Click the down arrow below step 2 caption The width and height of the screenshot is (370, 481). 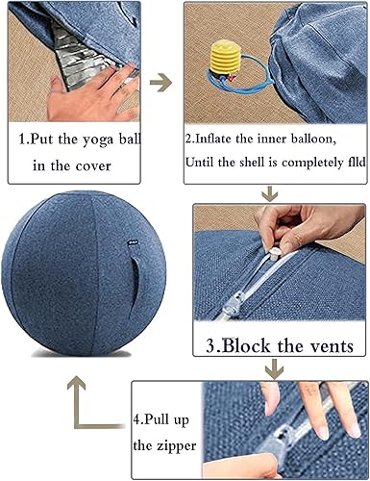pos(268,194)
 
